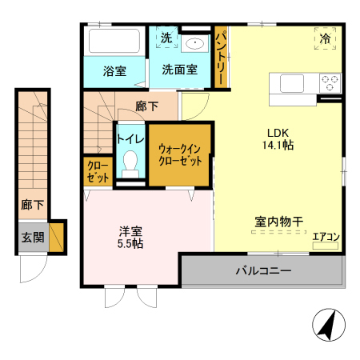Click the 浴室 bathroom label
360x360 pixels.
(x=114, y=70)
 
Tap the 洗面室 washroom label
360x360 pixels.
(x=179, y=70)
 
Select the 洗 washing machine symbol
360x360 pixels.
(x=166, y=38)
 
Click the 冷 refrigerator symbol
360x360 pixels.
(x=326, y=38)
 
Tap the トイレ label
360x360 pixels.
(x=130, y=138)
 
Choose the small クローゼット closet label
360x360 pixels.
(x=99, y=173)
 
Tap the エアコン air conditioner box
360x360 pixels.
(x=326, y=238)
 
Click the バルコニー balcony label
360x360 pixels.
(x=263, y=270)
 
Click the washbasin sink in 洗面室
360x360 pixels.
(x=194, y=43)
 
